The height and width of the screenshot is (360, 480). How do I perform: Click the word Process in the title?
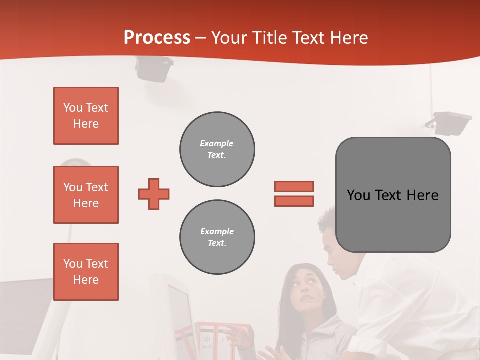157,38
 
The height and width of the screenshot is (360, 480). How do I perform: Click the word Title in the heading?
270,38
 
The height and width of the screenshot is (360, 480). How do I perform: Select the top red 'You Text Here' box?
86,116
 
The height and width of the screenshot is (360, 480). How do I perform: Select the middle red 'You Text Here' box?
86,195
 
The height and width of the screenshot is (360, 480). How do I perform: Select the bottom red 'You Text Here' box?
86,272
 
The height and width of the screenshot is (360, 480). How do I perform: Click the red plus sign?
154,194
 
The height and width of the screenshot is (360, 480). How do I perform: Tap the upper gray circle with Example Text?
217,149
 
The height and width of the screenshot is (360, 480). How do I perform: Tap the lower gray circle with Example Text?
217,237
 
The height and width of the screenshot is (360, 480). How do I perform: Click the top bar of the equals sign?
294,186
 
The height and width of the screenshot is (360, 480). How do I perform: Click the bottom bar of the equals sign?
294,201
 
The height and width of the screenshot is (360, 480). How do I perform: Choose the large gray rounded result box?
393,195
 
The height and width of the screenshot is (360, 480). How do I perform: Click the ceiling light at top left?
154,69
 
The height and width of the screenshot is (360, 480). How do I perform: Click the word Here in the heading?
349,38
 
